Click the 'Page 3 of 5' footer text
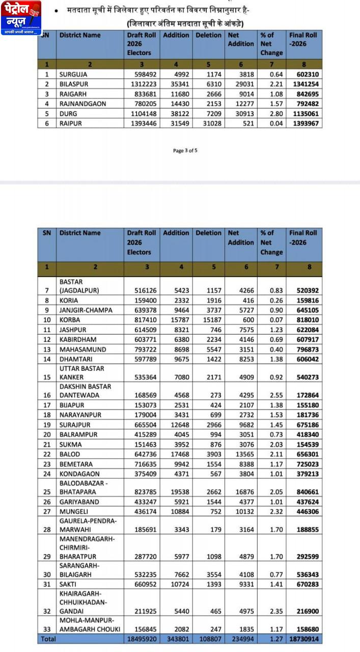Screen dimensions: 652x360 point(185,150)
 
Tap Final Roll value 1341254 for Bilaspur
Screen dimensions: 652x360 point(304,84)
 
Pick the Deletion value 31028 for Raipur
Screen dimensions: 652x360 point(209,123)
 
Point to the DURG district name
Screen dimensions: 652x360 point(68,114)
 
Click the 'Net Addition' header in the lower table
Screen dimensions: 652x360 point(240,238)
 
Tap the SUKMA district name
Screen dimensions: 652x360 point(70,445)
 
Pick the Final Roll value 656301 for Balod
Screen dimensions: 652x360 point(304,454)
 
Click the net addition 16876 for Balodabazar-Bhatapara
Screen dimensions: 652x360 point(241,492)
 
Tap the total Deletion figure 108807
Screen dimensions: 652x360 point(209,639)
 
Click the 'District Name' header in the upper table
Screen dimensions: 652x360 point(80,35)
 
